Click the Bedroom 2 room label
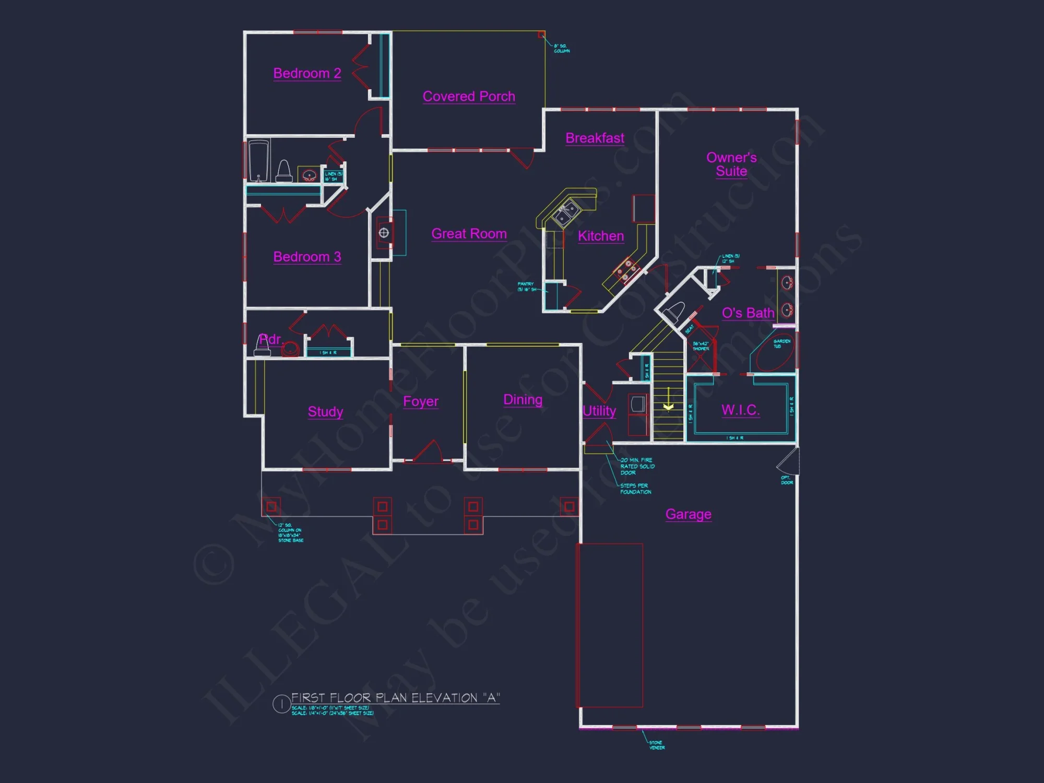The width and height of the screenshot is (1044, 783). (307, 73)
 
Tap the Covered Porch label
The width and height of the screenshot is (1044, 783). (469, 97)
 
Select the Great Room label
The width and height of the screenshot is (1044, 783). (469, 234)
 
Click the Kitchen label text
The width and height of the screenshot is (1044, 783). (601, 236)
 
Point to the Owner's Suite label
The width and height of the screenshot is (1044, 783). (731, 164)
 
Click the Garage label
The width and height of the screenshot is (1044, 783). (688, 514)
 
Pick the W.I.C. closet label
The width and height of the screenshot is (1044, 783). (740, 410)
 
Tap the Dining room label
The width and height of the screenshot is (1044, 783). (523, 400)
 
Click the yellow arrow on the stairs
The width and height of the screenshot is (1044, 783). (668, 406)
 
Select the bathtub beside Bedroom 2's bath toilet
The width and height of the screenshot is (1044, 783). (259, 160)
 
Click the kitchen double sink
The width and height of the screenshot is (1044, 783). (566, 214)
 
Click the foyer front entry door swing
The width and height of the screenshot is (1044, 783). (429, 452)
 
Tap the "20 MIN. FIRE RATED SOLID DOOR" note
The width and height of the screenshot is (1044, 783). (637, 466)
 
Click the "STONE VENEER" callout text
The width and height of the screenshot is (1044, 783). (657, 745)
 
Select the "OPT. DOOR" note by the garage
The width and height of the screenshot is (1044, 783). (787, 480)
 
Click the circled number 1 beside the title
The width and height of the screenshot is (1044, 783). (281, 704)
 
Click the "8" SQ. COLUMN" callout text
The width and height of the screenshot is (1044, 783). (562, 49)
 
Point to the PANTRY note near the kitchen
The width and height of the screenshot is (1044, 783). (526, 287)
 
